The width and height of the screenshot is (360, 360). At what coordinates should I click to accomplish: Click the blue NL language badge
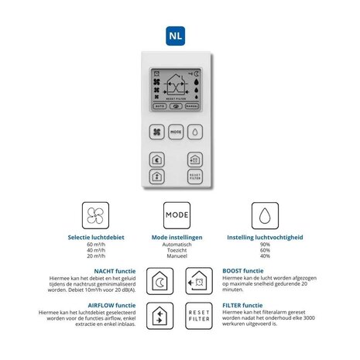[180, 35]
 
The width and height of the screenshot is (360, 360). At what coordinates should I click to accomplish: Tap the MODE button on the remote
[176, 132]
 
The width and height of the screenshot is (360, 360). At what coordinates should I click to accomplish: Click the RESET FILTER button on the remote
[196, 177]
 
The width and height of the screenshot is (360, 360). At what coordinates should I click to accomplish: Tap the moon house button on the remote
[156, 159]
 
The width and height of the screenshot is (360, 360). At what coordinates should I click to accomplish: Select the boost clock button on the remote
[195, 159]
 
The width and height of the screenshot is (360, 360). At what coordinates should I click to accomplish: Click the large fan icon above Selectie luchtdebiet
[94, 214]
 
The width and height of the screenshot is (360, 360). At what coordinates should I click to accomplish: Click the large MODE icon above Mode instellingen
[177, 214]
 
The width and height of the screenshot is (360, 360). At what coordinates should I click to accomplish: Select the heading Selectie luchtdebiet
[94, 237]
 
